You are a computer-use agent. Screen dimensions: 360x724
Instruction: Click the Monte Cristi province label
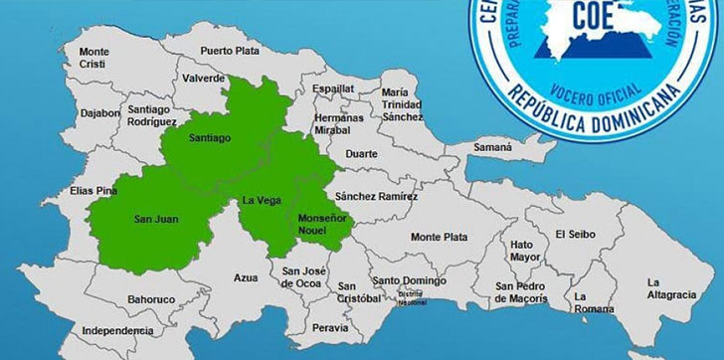94,58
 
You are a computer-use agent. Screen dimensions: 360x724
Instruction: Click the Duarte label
360,154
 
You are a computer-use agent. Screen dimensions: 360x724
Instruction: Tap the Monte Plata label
439,237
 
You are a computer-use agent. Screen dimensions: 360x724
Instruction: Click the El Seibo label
575,235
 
